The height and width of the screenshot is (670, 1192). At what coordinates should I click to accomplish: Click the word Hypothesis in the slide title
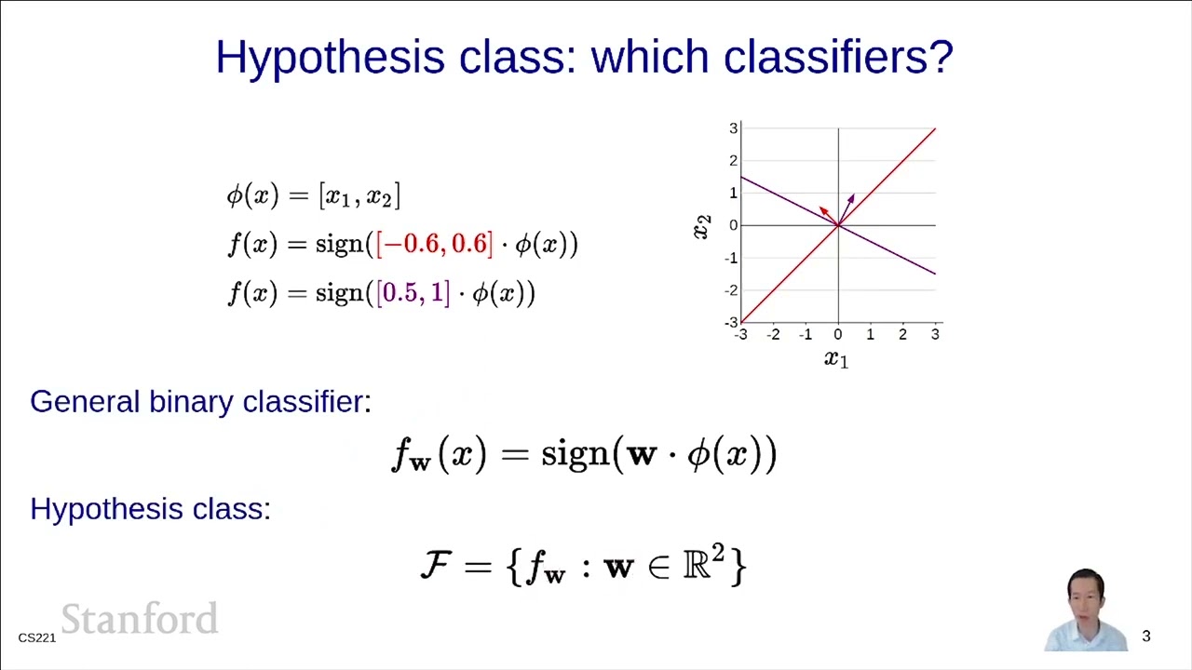point(330,58)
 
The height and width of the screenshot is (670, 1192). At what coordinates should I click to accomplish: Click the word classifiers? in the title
point(838,58)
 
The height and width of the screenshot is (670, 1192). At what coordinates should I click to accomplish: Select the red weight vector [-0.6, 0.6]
point(434,244)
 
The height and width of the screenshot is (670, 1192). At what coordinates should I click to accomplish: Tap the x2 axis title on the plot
point(702,226)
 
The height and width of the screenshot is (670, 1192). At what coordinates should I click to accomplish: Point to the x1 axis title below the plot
point(836,359)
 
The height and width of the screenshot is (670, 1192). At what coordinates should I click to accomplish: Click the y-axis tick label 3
point(734,128)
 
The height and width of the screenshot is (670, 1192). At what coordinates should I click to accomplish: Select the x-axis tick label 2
point(902,335)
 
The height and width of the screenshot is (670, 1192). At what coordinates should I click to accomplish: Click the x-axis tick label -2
point(773,335)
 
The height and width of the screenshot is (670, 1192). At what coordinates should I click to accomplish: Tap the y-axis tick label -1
point(733,258)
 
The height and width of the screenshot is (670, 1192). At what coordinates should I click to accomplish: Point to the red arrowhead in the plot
point(824,210)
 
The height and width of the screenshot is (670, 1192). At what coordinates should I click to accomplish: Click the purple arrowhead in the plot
point(850,198)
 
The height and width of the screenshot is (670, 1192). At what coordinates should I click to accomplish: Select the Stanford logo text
point(140,620)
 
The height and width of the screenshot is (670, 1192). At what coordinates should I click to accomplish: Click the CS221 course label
point(37,637)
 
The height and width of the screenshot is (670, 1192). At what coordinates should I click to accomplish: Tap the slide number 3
point(1146,636)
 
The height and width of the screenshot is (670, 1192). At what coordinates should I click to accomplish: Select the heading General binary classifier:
point(200,402)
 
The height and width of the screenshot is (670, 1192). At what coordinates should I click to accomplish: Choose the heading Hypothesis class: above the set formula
point(150,509)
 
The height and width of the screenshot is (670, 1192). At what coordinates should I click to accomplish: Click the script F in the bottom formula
point(437,565)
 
